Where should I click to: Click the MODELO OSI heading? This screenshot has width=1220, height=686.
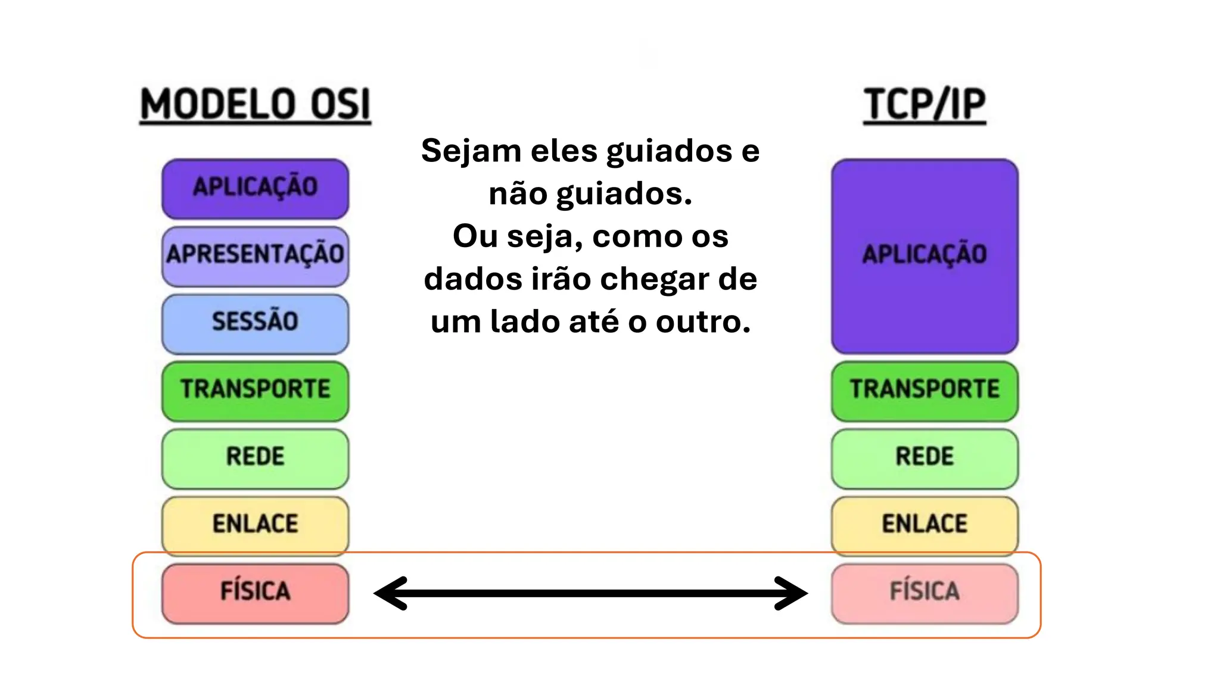[255, 105]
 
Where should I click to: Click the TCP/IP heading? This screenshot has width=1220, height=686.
[925, 105]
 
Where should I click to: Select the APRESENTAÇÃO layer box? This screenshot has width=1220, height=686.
[255, 255]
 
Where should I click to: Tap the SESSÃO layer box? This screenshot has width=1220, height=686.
[255, 322]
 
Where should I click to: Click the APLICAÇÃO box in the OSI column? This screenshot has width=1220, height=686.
[255, 188]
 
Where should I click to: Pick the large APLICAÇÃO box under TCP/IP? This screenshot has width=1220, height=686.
[925, 256]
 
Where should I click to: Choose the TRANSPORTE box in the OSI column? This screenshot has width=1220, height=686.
[255, 390]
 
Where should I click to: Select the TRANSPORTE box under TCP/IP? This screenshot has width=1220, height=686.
[925, 390]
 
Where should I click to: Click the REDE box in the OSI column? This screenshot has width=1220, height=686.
[255, 457]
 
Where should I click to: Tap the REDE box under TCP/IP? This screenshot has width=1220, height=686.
[925, 457]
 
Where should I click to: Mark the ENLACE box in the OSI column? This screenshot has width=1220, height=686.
[255, 524]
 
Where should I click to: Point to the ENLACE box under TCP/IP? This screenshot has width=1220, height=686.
[925, 524]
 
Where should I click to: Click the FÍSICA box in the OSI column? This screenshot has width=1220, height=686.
[255, 593]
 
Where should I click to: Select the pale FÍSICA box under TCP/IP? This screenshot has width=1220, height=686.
[925, 593]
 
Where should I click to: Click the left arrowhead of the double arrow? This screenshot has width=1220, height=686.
[390, 593]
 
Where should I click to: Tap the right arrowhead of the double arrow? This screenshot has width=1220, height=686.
[792, 593]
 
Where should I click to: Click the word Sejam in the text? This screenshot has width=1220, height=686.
[471, 151]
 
